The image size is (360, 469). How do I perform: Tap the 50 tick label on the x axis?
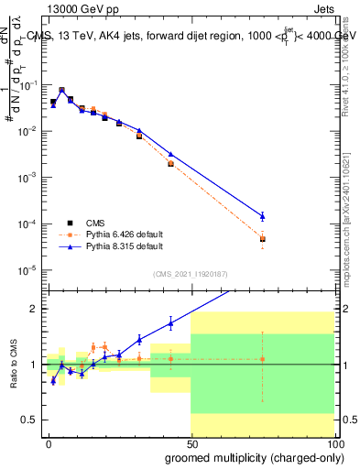[191, 442]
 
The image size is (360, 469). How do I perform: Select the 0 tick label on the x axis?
[49, 442]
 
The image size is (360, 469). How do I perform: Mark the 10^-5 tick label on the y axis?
[27, 270]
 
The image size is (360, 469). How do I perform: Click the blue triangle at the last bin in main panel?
[262, 216]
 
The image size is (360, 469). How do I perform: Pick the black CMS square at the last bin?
[262, 240]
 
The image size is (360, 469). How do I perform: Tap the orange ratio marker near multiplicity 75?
[262, 359]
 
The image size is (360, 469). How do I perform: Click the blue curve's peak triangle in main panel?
[61, 91]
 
